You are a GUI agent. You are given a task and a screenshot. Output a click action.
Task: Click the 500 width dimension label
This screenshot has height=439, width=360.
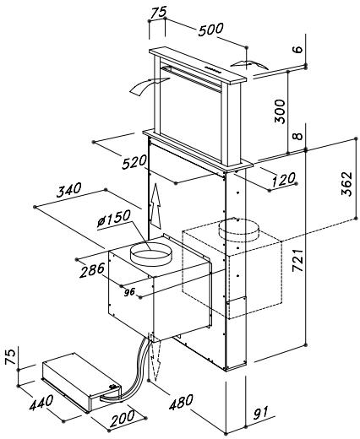pyautogui.click(x=210, y=30)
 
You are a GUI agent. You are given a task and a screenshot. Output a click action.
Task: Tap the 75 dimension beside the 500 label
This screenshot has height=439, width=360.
pyautogui.click(x=159, y=12)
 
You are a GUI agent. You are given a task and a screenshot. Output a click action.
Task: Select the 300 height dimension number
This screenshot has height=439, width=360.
pyautogui.click(x=280, y=111)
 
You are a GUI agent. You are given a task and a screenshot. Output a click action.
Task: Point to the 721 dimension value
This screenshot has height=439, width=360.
pyautogui.click(x=297, y=260)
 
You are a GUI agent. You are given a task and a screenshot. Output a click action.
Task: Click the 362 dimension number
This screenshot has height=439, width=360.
pyautogui.click(x=346, y=183)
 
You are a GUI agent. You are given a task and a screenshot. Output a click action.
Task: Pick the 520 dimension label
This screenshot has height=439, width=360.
pyautogui.click(x=134, y=162)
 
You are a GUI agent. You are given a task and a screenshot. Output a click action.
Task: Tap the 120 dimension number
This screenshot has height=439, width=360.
pyautogui.click(x=284, y=179)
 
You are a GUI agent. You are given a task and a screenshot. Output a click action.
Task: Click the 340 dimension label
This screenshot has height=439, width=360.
pyautogui.click(x=69, y=190)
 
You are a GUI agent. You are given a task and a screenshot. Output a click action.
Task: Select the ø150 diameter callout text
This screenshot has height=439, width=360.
pyautogui.click(x=114, y=219)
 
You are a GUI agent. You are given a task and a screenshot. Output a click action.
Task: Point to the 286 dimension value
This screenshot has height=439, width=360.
pyautogui.click(x=92, y=270)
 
